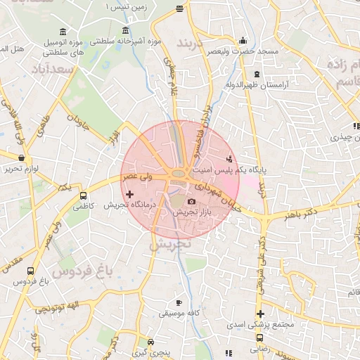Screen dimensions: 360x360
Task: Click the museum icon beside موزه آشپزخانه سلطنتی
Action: (x=126, y=30)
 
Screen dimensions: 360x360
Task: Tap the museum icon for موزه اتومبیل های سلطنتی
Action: (x=64, y=33)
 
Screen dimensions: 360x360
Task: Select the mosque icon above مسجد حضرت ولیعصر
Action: (x=243, y=40)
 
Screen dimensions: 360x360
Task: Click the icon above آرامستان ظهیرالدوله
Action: (x=257, y=74)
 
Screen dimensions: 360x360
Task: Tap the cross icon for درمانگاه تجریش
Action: (x=129, y=193)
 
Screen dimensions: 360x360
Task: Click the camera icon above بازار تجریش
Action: (x=191, y=202)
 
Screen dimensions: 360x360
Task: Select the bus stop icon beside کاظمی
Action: (x=84, y=196)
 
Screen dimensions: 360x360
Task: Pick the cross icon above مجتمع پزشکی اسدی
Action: (x=260, y=314)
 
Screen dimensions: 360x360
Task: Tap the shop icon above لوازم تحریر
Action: (x=22, y=158)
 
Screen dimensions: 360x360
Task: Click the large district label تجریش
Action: (x=171, y=243)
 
